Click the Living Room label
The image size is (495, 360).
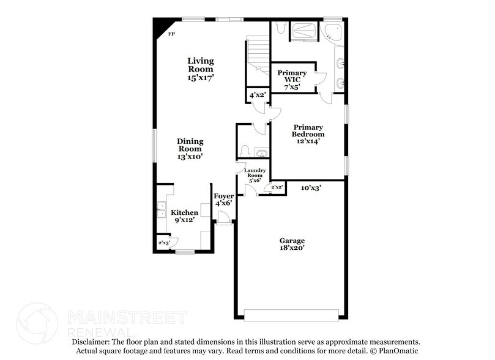click(200, 69)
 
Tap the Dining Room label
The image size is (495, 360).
click(190, 149)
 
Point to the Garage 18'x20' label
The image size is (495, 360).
click(292, 244)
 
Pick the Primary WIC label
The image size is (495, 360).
click(291, 80)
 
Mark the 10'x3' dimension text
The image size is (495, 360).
click(311, 189)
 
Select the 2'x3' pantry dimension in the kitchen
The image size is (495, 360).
click(164, 243)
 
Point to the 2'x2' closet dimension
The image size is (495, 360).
click(277, 187)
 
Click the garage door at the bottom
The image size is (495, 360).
click(291, 315)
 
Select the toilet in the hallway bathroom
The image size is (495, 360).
click(244, 151)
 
